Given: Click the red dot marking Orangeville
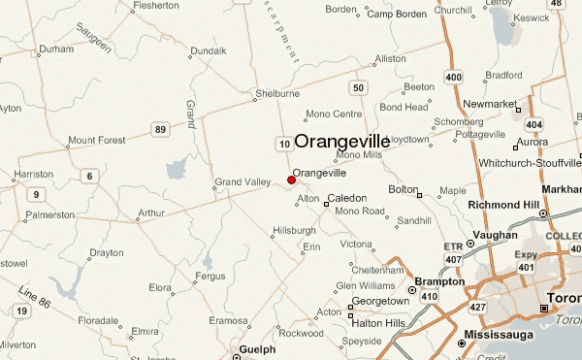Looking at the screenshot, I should (291, 180).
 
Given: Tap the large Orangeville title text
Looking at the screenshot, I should (342, 141).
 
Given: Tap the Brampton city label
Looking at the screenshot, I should (439, 282).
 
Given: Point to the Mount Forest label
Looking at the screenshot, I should (98, 140).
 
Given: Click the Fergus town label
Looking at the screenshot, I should (210, 277).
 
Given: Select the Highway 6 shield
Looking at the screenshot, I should (89, 176).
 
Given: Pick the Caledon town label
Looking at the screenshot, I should (347, 198).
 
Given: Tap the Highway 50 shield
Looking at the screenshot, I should (359, 88).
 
